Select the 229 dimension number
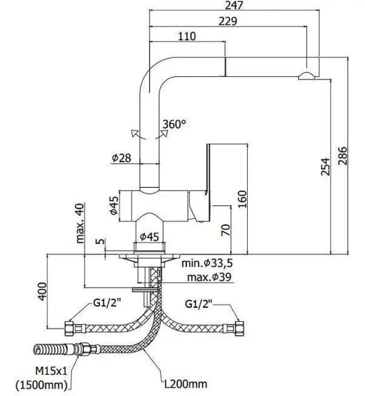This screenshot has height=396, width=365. (x=228, y=21)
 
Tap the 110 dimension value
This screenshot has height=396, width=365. (x=186, y=36)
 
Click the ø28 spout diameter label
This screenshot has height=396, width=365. (x=122, y=158)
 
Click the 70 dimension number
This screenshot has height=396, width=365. (x=225, y=229)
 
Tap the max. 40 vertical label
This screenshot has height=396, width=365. (x=81, y=224)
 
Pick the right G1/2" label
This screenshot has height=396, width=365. (x=199, y=303)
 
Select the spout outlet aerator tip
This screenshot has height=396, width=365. (x=306, y=76)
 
